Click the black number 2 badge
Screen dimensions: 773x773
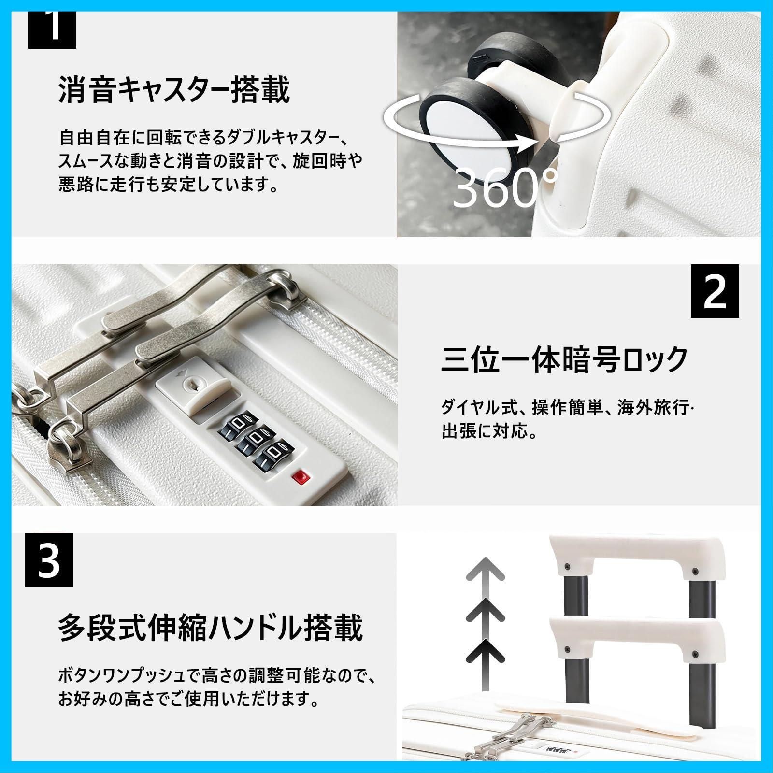(x=715, y=291)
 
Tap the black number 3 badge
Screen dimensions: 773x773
(x=49, y=560)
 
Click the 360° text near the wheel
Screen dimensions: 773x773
(x=505, y=188)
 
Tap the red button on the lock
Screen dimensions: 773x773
(x=301, y=478)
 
